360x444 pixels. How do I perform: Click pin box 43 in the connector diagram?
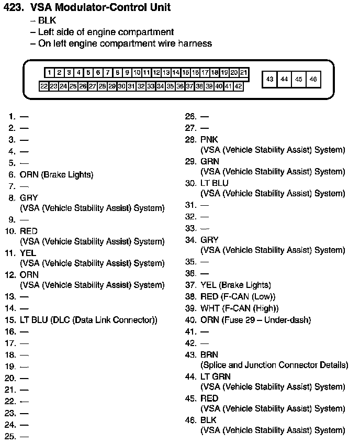[269, 79]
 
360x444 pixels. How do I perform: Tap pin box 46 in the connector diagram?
[313, 79]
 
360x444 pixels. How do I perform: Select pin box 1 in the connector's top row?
[49, 73]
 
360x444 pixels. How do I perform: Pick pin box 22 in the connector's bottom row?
[44, 86]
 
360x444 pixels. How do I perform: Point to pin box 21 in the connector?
[244, 73]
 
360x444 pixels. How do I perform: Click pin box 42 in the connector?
[238, 86]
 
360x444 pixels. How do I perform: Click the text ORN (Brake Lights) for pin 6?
[57, 174]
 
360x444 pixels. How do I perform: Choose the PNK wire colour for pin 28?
[209, 140]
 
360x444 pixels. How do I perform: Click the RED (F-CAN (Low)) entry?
[238, 296]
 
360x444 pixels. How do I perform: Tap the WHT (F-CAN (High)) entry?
[240, 308]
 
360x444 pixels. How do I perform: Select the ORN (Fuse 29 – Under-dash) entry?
[255, 319]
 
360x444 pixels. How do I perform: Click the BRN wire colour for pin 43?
[209, 354]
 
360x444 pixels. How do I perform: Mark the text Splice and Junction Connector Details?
[274, 365]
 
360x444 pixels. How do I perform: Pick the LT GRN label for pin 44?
[215, 376]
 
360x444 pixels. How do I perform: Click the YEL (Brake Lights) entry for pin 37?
[235, 285]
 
